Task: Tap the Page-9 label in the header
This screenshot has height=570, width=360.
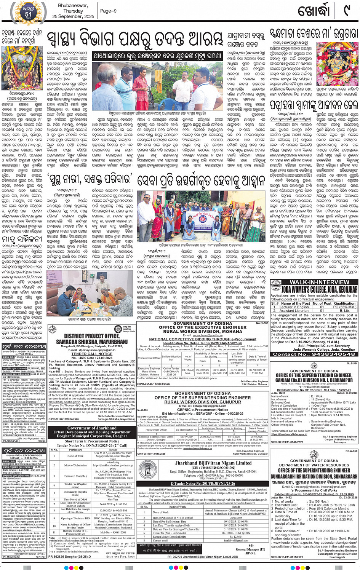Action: (108, 11)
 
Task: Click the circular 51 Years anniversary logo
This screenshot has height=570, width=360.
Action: (29, 11)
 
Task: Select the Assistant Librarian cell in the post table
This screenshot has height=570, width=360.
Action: (295, 310)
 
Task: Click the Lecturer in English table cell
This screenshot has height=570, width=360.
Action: (294, 307)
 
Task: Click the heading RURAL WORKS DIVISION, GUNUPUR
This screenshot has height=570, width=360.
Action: (203, 402)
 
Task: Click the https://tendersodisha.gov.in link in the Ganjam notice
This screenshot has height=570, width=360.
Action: (289, 434)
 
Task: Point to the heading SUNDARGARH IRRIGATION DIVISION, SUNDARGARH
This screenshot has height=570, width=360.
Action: (314, 476)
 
